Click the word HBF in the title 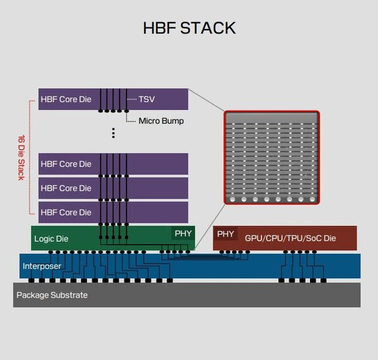(159, 28)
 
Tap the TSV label (147, 99)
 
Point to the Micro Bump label (161, 120)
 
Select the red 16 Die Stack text (20, 157)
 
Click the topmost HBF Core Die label (66, 99)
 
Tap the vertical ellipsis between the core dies (113, 133)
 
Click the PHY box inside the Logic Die (183, 233)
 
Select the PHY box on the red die (226, 233)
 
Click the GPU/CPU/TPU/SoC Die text (290, 239)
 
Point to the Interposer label (42, 266)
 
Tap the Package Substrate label (52, 295)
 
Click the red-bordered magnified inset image (272, 158)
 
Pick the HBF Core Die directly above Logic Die (66, 212)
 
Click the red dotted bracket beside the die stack (30, 157)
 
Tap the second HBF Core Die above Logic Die (66, 188)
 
